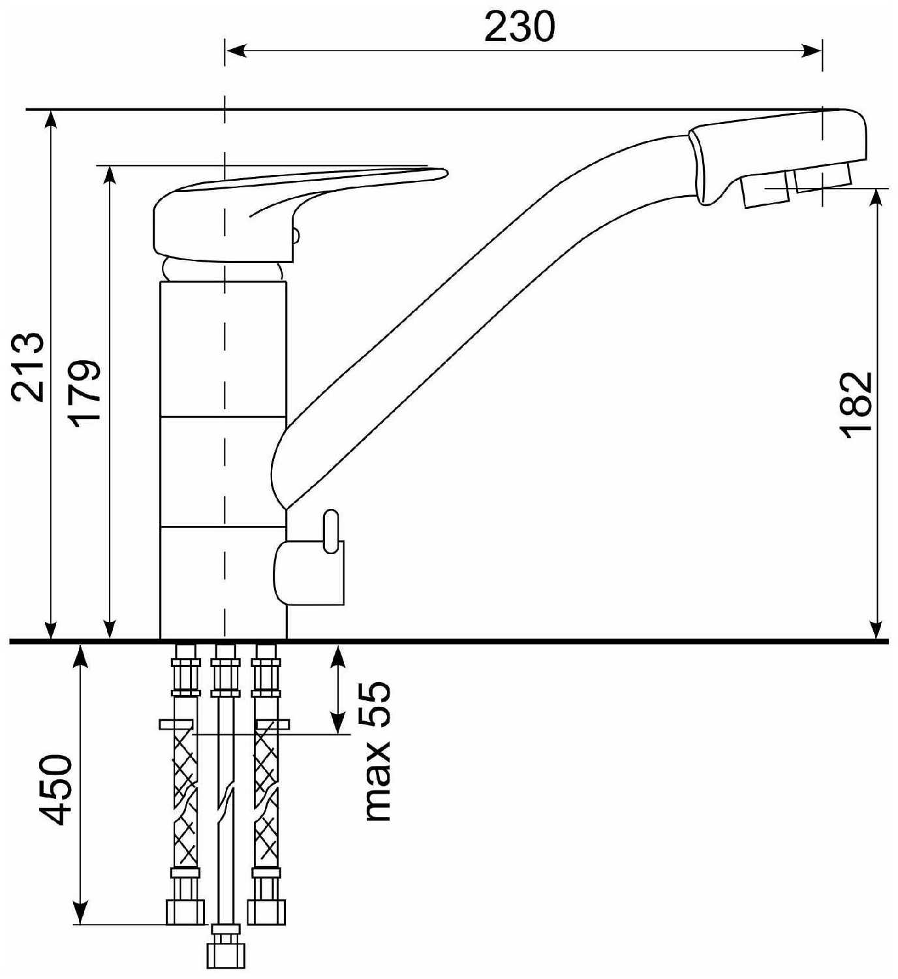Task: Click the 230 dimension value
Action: (519, 27)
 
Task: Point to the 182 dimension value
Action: (856, 405)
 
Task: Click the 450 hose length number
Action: (54, 790)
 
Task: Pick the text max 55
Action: (378, 751)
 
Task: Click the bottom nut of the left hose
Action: (185, 912)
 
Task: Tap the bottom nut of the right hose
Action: (266, 912)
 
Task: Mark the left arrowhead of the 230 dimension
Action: (235, 51)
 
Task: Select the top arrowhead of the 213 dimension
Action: (51, 121)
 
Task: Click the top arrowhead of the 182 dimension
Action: (878, 199)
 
